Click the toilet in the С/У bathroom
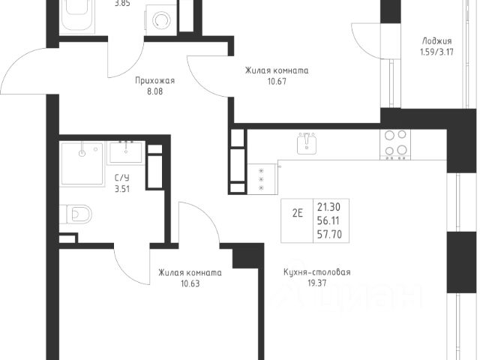[x=76, y=214]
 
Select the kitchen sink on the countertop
[x=307, y=143]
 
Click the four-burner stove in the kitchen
[x=395, y=144]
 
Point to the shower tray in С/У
[x=82, y=163]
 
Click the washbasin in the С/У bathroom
[x=125, y=152]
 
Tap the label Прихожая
[x=155, y=81]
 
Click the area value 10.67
[x=277, y=82]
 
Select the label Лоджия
[x=436, y=41]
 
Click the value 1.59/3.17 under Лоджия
[x=436, y=52]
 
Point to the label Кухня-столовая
[x=317, y=271]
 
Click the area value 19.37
[x=317, y=283]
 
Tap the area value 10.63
[x=190, y=283]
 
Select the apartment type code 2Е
[x=297, y=213]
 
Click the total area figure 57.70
[x=329, y=235]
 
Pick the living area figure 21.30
[x=328, y=207]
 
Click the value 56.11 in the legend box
[x=328, y=220]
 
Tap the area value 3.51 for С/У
[x=122, y=189]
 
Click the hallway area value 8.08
[x=155, y=91]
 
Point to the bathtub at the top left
[x=77, y=15]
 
